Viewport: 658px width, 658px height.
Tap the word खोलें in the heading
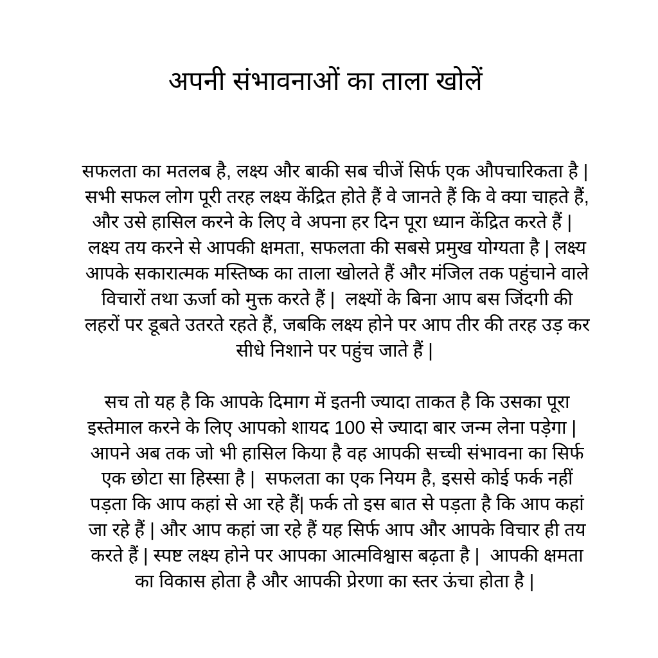458,82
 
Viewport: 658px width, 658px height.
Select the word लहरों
103,325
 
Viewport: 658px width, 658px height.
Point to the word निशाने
292,350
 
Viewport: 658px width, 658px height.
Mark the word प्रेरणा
365,581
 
